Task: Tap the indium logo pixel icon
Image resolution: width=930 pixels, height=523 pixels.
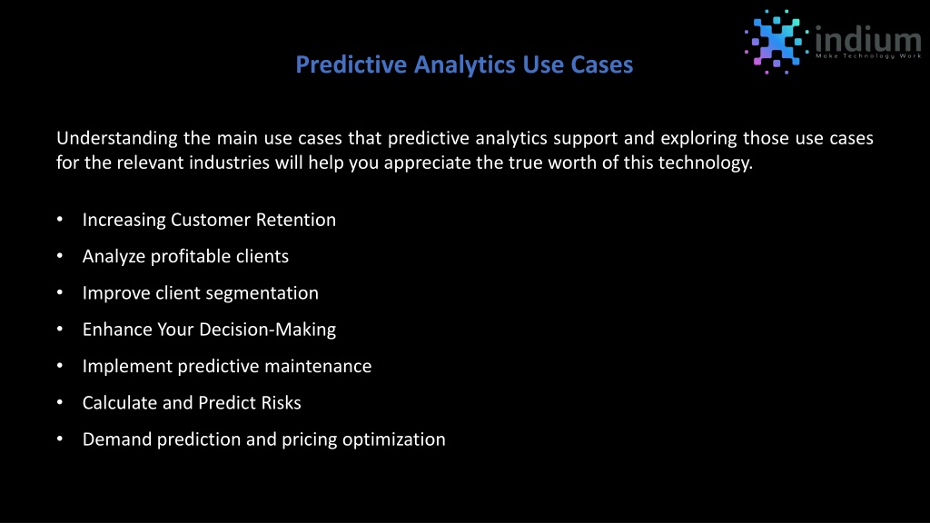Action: pyautogui.click(x=777, y=42)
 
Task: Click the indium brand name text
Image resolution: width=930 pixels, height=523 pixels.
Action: pyautogui.click(x=868, y=39)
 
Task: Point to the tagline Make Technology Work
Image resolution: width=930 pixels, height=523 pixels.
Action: pyautogui.click(x=868, y=56)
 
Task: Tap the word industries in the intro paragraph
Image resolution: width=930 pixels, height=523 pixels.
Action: pyautogui.click(x=230, y=163)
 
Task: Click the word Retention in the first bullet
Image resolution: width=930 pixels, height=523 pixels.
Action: pyautogui.click(x=296, y=220)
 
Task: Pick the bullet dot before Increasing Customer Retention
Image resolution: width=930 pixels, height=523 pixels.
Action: pyautogui.click(x=60, y=220)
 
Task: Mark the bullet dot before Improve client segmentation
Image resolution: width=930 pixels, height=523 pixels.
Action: pyautogui.click(x=60, y=292)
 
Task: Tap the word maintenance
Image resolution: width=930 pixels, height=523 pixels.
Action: pyautogui.click(x=318, y=367)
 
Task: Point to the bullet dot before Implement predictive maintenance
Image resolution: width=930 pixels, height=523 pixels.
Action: pyautogui.click(x=60, y=366)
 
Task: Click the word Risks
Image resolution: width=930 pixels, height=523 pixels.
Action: pyautogui.click(x=280, y=403)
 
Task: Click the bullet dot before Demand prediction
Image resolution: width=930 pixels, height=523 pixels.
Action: pyautogui.click(x=60, y=439)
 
